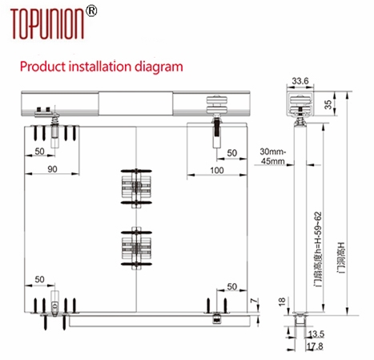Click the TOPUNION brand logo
[47, 23]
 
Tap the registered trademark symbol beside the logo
[90, 11]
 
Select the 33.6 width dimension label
[300, 81]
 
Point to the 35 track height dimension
[328, 104]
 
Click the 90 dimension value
[52, 169]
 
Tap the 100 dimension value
[217, 170]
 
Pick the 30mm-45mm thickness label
[273, 156]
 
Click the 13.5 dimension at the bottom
[316, 334]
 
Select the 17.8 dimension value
[315, 346]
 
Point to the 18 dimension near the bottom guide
[282, 301]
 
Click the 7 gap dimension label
[255, 301]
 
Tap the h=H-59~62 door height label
[318, 249]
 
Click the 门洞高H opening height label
[341, 257]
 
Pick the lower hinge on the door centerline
[136, 249]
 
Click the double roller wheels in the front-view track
[217, 105]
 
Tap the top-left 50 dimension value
[39, 152]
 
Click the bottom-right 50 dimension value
[232, 286]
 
